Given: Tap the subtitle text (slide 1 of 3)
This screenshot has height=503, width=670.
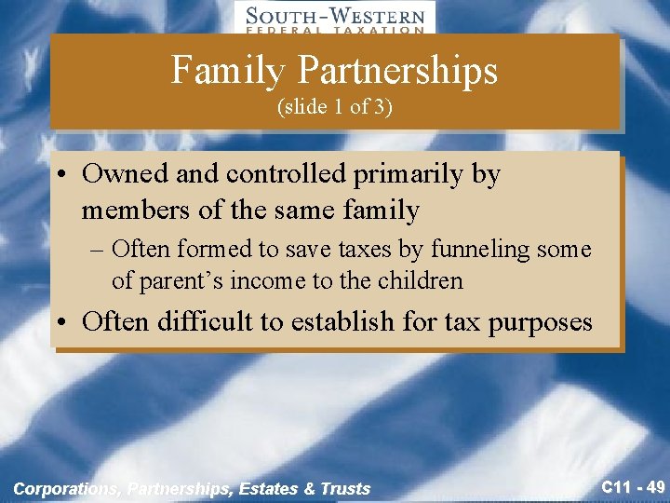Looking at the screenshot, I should (x=335, y=107).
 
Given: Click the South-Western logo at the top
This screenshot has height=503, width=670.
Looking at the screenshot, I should (x=335, y=18).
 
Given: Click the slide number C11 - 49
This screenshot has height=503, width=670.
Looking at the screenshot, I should (x=633, y=486).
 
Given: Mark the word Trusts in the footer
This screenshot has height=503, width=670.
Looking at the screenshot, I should (x=345, y=488).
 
